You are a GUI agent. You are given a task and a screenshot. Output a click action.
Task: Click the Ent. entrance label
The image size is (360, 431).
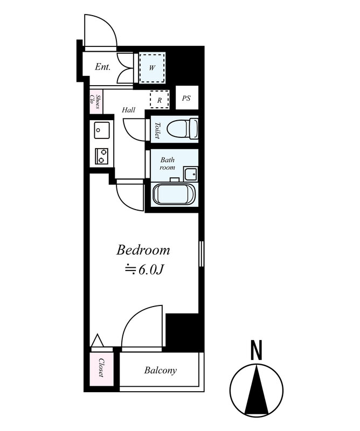[102, 67]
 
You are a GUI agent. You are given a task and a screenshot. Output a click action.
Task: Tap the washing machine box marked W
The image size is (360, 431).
[152, 67]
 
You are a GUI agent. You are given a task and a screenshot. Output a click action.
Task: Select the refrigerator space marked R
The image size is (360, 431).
[159, 99]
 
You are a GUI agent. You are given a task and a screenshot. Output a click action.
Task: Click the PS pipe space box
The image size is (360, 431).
[187, 98]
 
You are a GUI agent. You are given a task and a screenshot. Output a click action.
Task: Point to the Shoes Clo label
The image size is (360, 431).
[95, 102]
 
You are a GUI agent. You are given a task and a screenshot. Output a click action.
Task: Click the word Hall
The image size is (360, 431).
[128, 110]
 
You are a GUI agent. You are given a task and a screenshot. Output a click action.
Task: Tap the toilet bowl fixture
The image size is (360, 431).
[183, 129]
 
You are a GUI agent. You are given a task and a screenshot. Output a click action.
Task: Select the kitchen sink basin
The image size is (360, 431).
[102, 130]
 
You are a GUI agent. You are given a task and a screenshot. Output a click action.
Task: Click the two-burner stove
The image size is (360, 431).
[101, 156]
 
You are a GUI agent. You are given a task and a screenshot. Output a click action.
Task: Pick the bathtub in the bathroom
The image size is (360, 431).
[175, 194]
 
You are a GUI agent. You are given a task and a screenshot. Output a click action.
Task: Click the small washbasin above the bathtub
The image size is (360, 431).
[191, 174]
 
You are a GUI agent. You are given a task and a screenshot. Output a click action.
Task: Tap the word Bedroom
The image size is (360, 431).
[143, 250]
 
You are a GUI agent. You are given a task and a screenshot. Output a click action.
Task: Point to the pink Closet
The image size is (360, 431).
[101, 369]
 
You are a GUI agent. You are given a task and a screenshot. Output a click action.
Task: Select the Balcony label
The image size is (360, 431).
[161, 370]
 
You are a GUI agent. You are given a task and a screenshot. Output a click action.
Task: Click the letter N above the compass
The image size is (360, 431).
[257, 350]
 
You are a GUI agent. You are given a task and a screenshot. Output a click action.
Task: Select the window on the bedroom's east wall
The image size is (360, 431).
[201, 254]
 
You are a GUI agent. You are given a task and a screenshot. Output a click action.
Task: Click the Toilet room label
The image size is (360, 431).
[157, 130]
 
